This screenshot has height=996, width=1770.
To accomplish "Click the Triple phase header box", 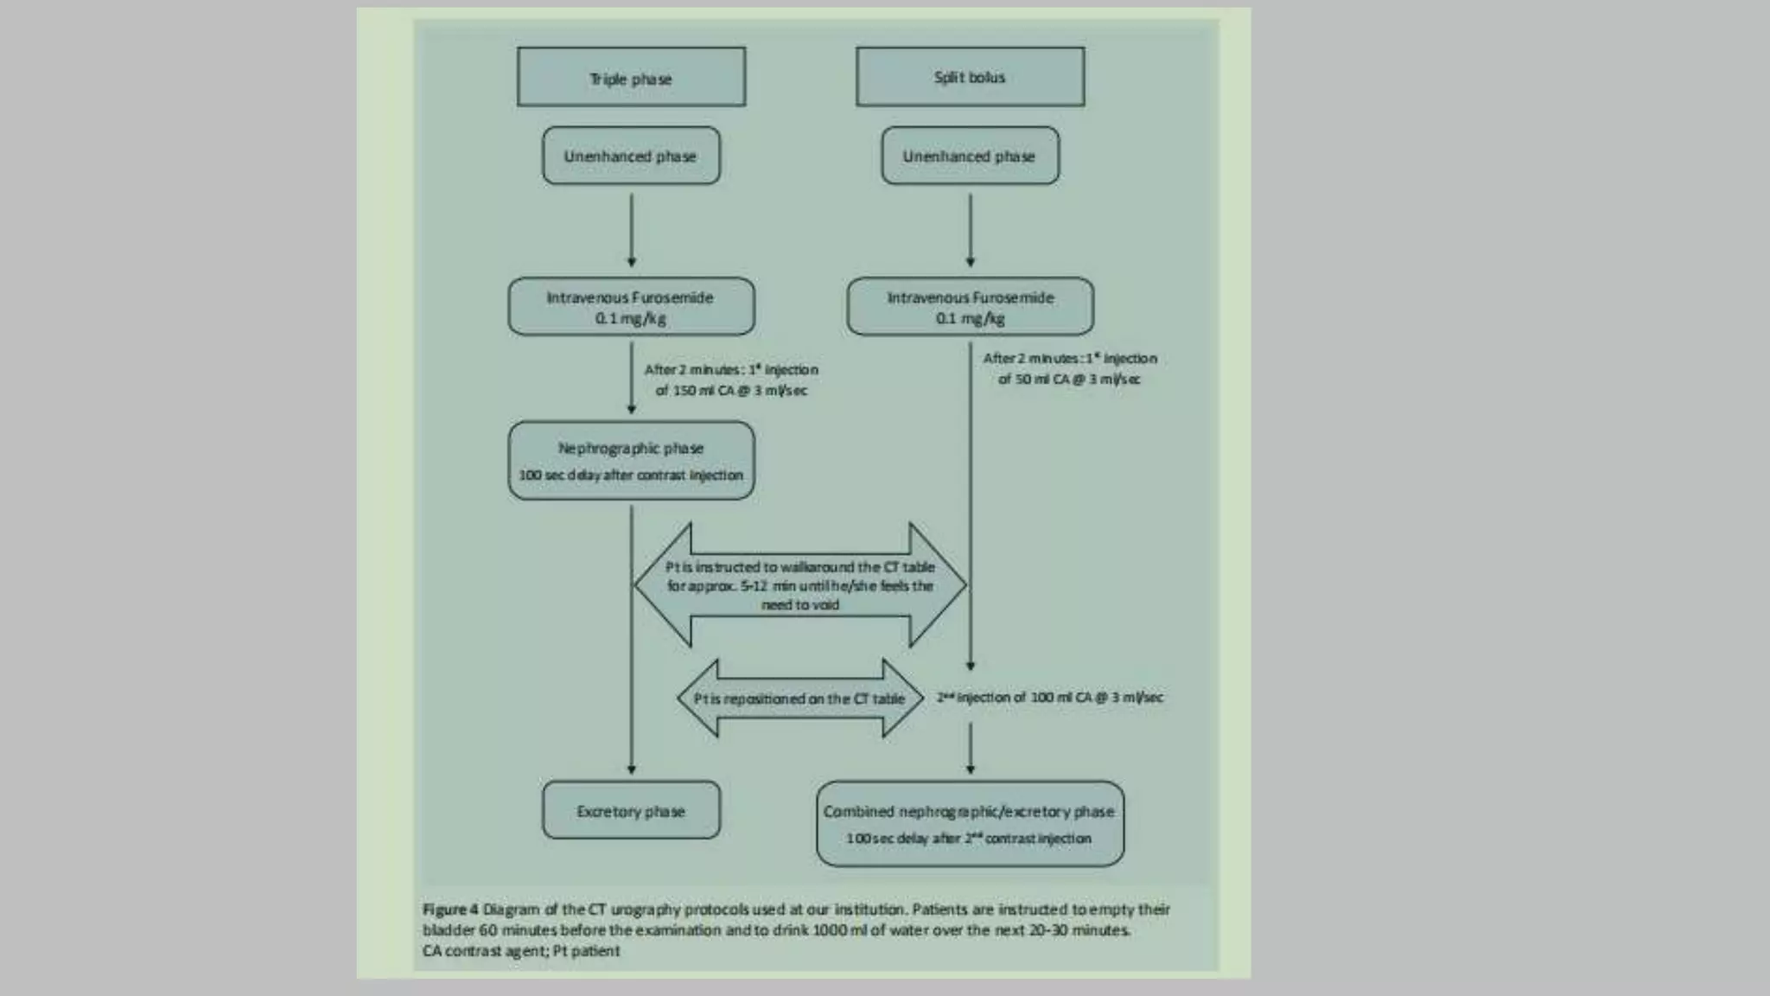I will pos(631,78).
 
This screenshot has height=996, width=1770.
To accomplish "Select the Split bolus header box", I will pos(970,77).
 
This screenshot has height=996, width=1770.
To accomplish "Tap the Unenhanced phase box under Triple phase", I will pos(631,156).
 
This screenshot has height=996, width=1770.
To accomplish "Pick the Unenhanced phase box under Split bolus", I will pos(970,156).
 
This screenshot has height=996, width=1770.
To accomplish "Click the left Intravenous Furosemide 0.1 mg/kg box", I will pos(631,307).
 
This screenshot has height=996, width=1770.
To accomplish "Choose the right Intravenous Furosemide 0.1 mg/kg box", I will pos(970,307).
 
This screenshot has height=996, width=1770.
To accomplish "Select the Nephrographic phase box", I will pos(631,461).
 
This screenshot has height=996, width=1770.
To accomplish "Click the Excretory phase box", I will pos(631,811).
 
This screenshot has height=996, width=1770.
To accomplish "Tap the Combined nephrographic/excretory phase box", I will pos(970,824).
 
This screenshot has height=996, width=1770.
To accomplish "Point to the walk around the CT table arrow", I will pos(799,585).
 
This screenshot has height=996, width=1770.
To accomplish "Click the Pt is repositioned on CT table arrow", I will pos(799,699).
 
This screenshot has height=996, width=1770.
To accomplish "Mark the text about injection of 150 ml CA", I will pos(731,380).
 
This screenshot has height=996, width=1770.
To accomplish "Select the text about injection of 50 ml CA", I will pos(1070,368).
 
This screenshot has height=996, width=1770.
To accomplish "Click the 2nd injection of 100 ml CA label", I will pos(1050,697).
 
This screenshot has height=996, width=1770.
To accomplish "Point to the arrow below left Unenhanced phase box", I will pos(631,229).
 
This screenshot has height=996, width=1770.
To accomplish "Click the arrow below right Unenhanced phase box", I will pos(970,229).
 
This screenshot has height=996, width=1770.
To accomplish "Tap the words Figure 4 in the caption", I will pos(450,910).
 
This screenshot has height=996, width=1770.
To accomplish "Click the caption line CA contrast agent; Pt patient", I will pos(521,951).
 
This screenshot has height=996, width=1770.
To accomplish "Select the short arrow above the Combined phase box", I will pos(970,748).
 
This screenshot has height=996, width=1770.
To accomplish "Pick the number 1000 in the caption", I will pos(830,930).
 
